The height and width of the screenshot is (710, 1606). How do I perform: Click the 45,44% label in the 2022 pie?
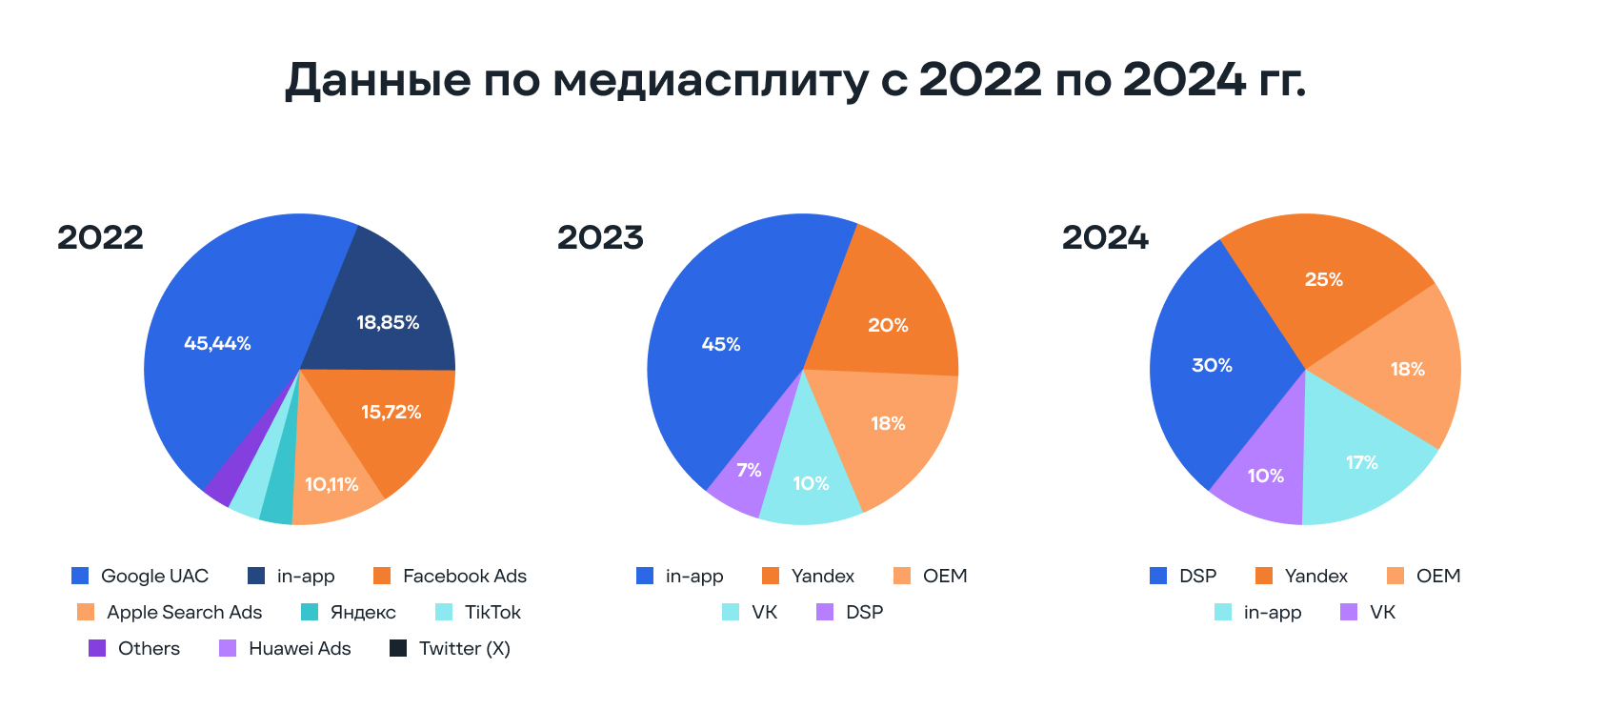coord(217,343)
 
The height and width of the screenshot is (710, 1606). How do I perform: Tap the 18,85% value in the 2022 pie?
coord(388,322)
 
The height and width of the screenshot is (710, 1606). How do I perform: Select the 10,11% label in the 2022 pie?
coord(331,484)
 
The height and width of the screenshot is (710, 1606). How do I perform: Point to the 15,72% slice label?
coord(391,412)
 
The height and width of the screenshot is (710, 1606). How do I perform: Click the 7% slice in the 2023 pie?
coord(749,470)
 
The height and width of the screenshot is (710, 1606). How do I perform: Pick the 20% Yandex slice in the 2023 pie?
coord(888,325)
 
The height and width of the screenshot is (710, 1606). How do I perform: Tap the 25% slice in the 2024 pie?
coord(1323,279)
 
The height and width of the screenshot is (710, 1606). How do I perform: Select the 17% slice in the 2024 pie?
coord(1361,462)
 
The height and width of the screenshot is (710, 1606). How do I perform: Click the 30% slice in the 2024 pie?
coord(1212,365)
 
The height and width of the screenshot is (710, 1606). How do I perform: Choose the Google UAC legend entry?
coord(140,576)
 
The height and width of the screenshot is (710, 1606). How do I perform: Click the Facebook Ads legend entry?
coord(450,576)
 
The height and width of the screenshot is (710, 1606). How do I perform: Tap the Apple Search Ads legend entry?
coord(170,612)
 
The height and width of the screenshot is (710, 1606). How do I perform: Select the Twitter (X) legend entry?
coord(451,648)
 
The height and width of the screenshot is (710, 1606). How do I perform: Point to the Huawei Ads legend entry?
coord(285,648)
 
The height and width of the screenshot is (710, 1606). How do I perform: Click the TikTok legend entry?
coord(478,612)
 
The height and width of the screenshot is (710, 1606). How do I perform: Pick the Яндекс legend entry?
coord(348,612)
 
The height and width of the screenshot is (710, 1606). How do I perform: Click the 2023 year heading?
coord(600,237)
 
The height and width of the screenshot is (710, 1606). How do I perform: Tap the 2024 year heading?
coord(1105,237)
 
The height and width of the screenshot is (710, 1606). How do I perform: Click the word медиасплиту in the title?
coord(710,81)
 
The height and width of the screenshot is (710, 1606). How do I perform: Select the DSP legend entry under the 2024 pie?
coord(1183,576)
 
